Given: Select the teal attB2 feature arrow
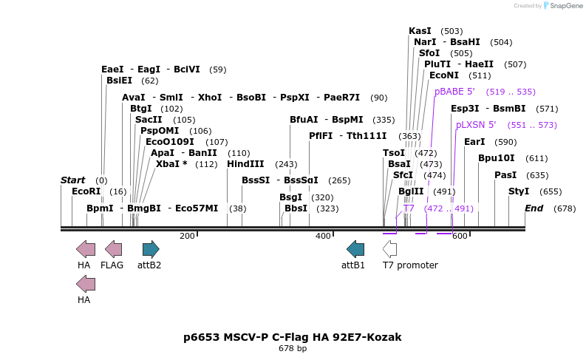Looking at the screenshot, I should coord(151,249).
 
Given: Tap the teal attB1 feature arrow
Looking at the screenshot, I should coord(355,249).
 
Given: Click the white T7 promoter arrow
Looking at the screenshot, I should coord(389,249).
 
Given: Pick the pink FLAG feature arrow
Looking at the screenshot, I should coord(113,249).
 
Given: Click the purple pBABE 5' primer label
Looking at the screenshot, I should coord(454,92).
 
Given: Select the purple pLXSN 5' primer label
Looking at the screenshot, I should coord(476,125).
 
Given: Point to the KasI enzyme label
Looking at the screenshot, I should coord(420,31).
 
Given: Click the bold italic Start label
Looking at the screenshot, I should coord(73,180).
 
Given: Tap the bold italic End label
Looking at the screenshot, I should coord(534,208).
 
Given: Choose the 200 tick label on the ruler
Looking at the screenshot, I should coord(187,236).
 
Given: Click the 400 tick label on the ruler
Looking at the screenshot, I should coord(323,236).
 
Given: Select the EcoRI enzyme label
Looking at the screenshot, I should coord(84,191).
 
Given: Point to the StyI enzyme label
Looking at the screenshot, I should coord(519,191).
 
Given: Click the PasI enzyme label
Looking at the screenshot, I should coord(505,175).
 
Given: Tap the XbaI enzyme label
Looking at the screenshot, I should coord(171,164).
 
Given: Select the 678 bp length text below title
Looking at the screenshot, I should coord(293,348).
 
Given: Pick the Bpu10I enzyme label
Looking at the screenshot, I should coord(497,158).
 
